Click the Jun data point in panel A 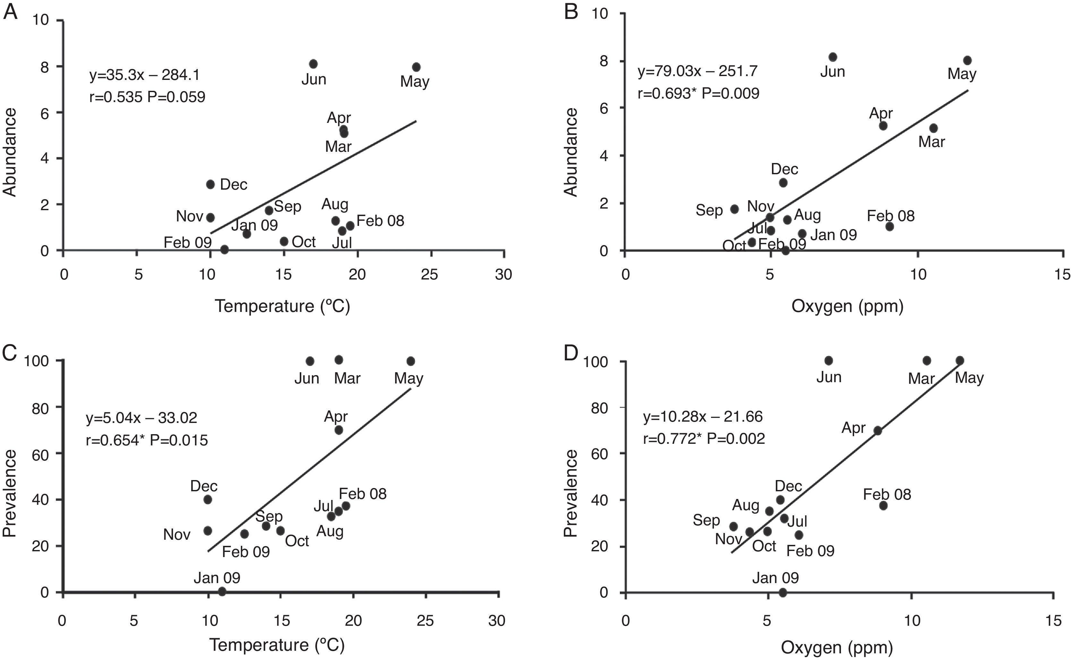coord(313,64)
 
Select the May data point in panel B coord(967,60)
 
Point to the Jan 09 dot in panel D coord(783,592)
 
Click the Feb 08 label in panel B coord(891,216)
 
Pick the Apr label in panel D coord(853,428)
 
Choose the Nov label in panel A coord(190,216)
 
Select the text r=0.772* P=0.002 coord(704,439)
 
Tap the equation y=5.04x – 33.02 coord(141,418)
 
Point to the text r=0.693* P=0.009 coord(698,93)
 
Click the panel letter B coord(571,12)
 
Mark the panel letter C coord(10,353)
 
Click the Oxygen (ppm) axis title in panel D coord(836,648)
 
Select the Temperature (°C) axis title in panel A coord(282,306)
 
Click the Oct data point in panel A coord(284,241)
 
